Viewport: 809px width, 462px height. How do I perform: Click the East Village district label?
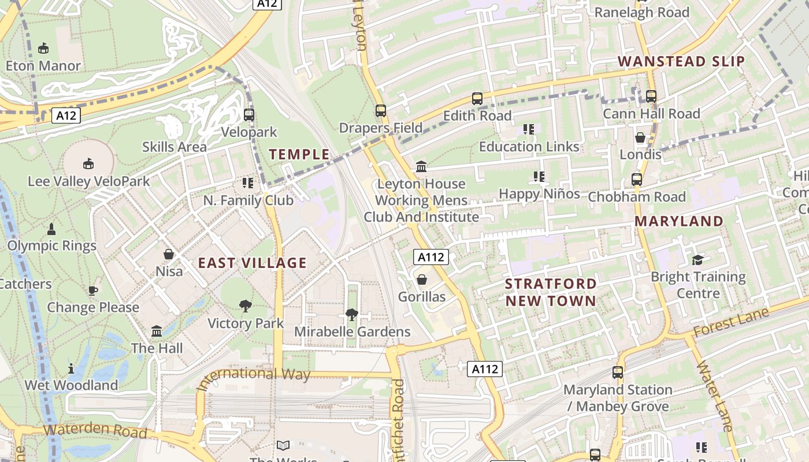pyautogui.click(x=252, y=263)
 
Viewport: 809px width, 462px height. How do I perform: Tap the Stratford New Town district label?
pyautogui.click(x=550, y=292)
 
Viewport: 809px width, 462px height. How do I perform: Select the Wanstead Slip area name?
pyautogui.click(x=681, y=62)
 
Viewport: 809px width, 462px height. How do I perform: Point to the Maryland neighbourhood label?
pyautogui.click(x=678, y=221)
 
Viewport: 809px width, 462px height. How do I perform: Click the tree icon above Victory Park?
pyautogui.click(x=246, y=305)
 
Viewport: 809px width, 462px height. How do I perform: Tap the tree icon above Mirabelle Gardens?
pyautogui.click(x=351, y=314)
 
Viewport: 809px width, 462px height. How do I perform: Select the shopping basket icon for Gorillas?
pyautogui.click(x=422, y=280)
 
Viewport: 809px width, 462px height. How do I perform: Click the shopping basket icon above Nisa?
pyautogui.click(x=169, y=254)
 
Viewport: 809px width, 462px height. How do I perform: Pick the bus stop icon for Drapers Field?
pyautogui.click(x=380, y=110)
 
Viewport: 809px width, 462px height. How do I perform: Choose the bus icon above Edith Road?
pyautogui.click(x=477, y=99)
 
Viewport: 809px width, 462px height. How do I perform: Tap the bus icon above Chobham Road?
pyautogui.click(x=637, y=180)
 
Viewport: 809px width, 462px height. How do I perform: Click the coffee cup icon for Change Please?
pyautogui.click(x=93, y=290)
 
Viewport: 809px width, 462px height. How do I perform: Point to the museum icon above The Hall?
pyautogui.click(x=157, y=331)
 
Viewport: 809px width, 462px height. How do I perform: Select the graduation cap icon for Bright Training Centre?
pyautogui.click(x=698, y=260)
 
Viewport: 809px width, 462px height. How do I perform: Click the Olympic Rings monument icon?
pyautogui.click(x=51, y=229)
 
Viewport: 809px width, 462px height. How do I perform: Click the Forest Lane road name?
pyautogui.click(x=730, y=322)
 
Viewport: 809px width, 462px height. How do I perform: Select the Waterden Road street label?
pyautogui.click(x=95, y=431)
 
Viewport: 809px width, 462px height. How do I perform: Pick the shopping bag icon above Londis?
pyautogui.click(x=640, y=137)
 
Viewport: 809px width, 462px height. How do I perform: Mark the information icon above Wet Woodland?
pyautogui.click(x=71, y=368)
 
